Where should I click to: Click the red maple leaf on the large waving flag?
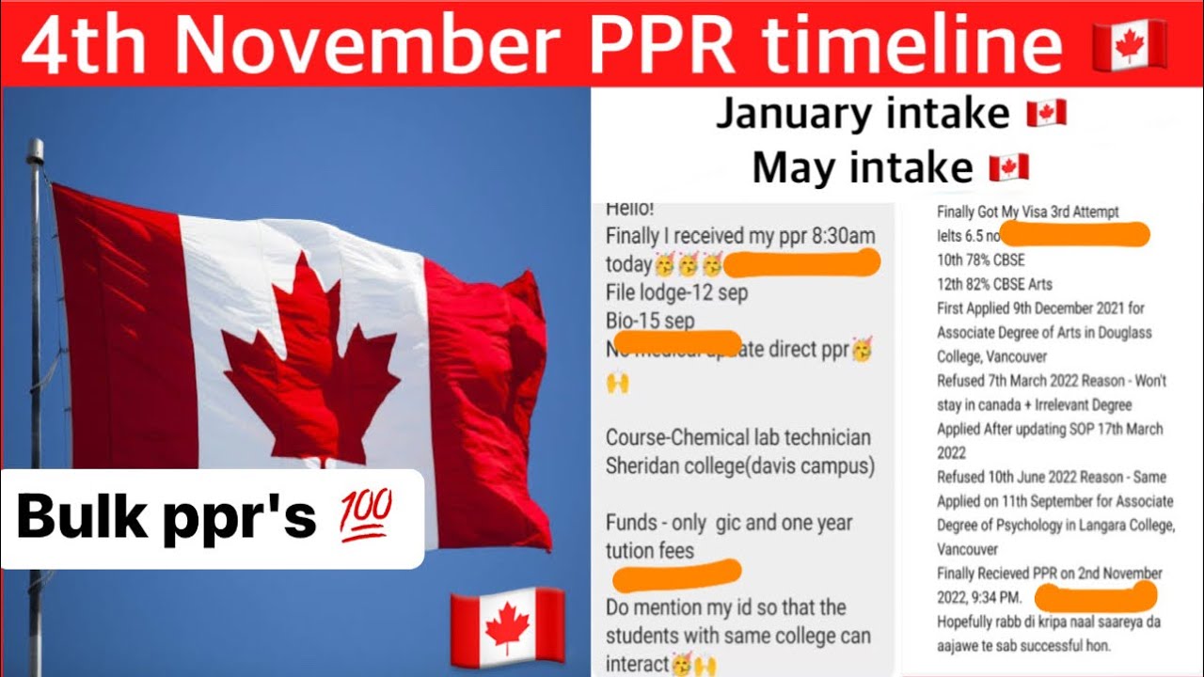pos(310,353)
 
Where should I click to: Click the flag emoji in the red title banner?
pos(1129,43)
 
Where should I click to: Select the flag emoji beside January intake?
pos(1045,114)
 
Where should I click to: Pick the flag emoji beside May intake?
pos(1008,167)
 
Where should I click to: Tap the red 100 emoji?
pos(363,518)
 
